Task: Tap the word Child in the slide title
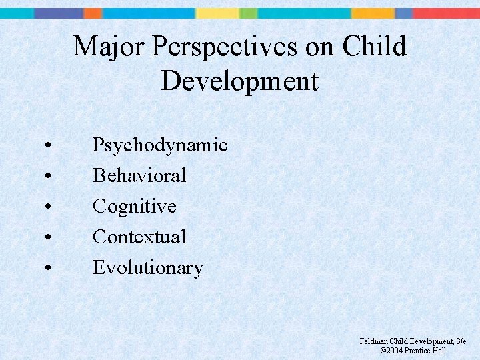(374, 47)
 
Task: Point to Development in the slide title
(239, 81)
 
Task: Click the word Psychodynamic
(160, 145)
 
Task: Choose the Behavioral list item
(139, 175)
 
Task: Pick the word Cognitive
(134, 206)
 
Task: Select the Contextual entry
(139, 237)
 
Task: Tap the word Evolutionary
(147, 267)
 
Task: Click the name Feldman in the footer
(373, 341)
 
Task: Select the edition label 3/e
(460, 341)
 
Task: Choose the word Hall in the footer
(439, 351)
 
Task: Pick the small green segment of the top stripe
(248, 13)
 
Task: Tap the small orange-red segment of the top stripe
(93, 13)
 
